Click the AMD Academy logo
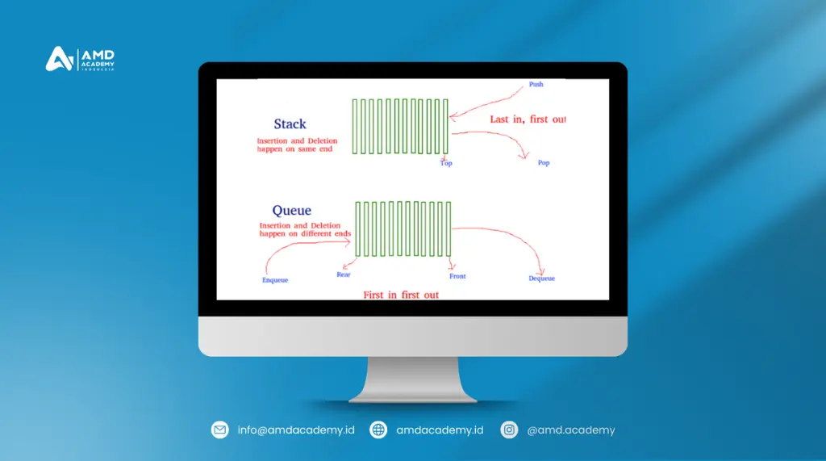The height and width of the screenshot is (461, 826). (80, 60)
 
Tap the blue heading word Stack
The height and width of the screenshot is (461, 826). (290, 124)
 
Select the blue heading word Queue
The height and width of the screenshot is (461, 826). (291, 211)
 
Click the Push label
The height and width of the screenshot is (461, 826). (536, 85)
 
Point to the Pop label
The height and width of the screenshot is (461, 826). (543, 163)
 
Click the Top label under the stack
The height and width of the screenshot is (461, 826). (446, 163)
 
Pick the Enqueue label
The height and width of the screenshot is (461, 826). (275, 280)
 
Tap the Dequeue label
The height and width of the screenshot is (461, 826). (541, 279)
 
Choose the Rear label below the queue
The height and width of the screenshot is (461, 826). (344, 275)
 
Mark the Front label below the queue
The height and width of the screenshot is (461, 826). (457, 276)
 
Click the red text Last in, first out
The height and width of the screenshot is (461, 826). (528, 119)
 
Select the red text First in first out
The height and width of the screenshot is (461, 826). (401, 295)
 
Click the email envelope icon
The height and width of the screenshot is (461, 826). (220, 430)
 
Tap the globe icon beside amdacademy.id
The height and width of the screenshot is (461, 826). (378, 430)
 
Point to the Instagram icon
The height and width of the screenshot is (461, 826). (509, 430)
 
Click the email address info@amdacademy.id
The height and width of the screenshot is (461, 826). (296, 430)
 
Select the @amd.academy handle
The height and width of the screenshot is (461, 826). (570, 430)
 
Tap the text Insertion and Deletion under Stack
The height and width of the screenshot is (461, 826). (297, 141)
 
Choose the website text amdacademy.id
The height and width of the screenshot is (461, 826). (440, 430)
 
